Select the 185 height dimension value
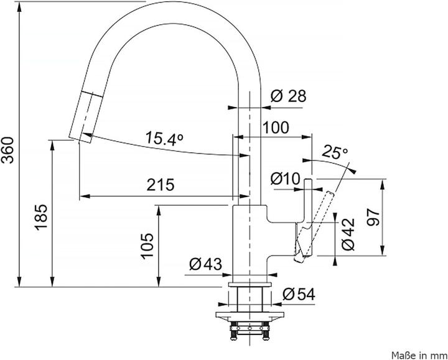pos(41,217)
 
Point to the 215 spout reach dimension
pos(160,185)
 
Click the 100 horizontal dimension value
pos(276,127)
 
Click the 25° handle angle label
pos(335,151)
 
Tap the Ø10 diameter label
pos(286,178)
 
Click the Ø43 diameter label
pos(205,264)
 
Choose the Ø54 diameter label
pos(299,294)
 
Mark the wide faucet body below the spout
pos(249,239)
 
